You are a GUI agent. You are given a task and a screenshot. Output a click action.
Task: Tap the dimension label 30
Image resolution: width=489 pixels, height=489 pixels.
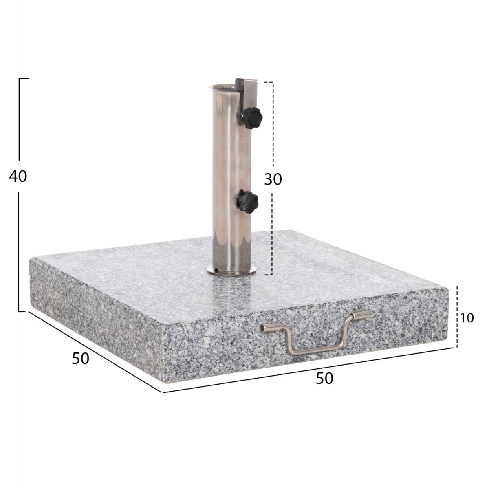coord(273,179)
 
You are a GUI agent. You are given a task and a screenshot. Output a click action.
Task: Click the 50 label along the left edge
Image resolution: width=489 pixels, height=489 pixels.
coord(80,358)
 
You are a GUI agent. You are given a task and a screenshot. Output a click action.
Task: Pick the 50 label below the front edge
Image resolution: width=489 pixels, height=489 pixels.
coord(324,379)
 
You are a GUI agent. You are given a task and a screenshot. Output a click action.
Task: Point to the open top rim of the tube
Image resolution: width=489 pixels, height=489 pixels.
coord(222,86)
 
